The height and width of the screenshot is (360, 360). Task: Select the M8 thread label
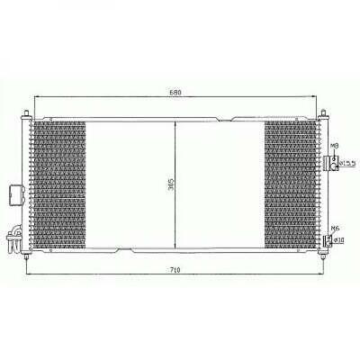point(334,146)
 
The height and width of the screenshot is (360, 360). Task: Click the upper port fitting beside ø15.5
point(328,162)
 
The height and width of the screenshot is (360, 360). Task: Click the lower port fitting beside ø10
point(327,239)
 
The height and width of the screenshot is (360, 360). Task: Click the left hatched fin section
point(58,184)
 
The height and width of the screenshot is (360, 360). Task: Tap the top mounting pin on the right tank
point(321,112)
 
